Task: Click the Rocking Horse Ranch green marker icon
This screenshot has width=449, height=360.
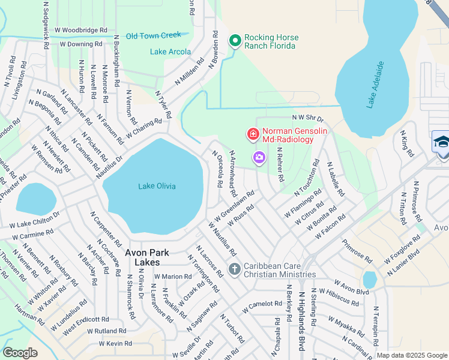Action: tap(235, 41)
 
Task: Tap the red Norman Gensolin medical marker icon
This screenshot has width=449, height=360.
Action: tap(253, 134)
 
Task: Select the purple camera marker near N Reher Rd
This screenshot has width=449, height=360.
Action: tap(259, 158)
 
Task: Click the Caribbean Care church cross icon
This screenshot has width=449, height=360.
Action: tap(234, 269)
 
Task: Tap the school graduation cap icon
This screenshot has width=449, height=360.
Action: tap(441, 142)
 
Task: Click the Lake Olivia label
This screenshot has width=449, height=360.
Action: tap(157, 186)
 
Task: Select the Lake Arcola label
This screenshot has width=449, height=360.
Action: tap(166, 52)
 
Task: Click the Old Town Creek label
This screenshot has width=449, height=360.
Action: tap(153, 36)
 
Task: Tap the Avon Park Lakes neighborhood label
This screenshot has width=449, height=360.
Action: tap(142, 257)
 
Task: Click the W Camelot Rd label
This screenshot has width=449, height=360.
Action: tap(262, 307)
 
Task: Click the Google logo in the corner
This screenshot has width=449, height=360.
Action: tap(20, 353)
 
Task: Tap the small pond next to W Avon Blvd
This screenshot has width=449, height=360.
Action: tap(370, 280)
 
